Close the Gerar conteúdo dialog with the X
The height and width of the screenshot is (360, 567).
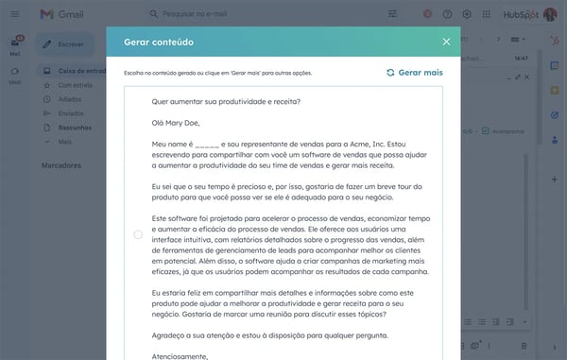pos(446,42)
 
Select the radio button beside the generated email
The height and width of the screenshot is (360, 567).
pos(138,233)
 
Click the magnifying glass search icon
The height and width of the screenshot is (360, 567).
pos(154,14)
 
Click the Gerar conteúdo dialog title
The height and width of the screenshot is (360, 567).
pos(166,42)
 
